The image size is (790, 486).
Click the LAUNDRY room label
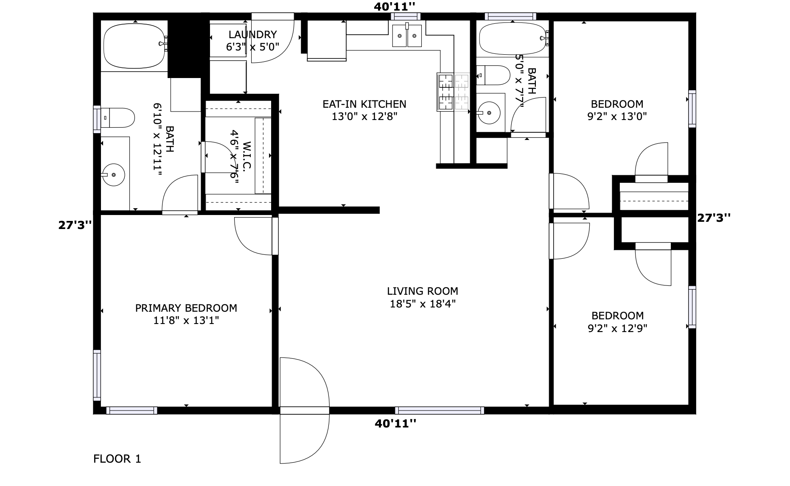coord(252,34)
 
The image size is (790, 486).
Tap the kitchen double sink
coord(407,36)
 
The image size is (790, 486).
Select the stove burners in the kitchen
coord(453,92)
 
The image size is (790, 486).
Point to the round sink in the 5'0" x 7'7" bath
coord(489,113)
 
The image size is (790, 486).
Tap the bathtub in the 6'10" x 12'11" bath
coord(134,46)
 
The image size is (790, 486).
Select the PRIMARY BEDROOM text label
coord(186,308)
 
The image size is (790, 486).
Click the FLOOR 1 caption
coord(117,458)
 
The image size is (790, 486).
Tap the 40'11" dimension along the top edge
coord(394,6)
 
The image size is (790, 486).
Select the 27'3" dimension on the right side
coord(714,218)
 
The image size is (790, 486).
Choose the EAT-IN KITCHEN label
coord(364,104)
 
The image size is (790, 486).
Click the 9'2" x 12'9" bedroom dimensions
coord(617,328)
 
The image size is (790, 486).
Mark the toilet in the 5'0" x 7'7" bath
coord(493,75)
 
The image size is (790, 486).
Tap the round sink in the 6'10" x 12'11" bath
coord(114,174)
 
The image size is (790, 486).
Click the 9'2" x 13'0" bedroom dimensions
coord(617,117)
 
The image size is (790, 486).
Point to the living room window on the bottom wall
coord(439,410)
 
